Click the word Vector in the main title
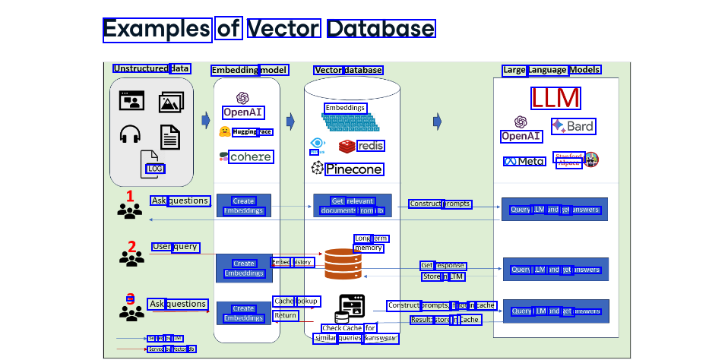point(283,29)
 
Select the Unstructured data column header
point(151,69)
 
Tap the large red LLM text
point(555,99)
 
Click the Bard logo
point(574,126)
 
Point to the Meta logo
point(524,162)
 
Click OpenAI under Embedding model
point(242,112)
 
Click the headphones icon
point(131,135)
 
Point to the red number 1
point(130,196)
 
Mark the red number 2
point(131,246)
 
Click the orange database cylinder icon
point(342,264)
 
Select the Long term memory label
point(371,243)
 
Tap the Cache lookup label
point(296,302)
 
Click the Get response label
point(443,266)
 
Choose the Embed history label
point(292,263)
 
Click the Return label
point(286,315)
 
